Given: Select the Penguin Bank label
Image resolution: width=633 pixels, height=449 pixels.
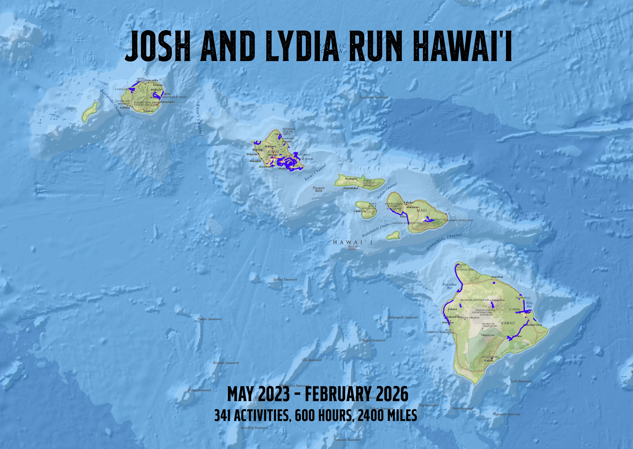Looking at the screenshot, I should pyautogui.click(x=318, y=189).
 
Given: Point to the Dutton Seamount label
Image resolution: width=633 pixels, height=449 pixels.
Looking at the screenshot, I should pyautogui.click(x=285, y=280).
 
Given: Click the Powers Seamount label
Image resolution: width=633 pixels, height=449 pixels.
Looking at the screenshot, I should pyautogui.click(x=209, y=319).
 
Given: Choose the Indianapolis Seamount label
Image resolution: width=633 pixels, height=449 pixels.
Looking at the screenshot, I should pyautogui.click(x=403, y=317).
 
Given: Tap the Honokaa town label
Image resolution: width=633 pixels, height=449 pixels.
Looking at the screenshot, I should pyautogui.click(x=497, y=277).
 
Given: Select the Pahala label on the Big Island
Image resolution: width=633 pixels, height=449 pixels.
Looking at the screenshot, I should pyautogui.click(x=489, y=361).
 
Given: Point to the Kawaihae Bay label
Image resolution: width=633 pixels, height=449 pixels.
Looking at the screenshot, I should pyautogui.click(x=449, y=286).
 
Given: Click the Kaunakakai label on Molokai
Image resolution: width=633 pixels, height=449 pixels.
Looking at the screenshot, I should pyautogui.click(x=351, y=188).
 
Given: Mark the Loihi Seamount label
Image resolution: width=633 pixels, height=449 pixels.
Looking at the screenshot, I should pyautogui.click(x=521, y=381).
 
